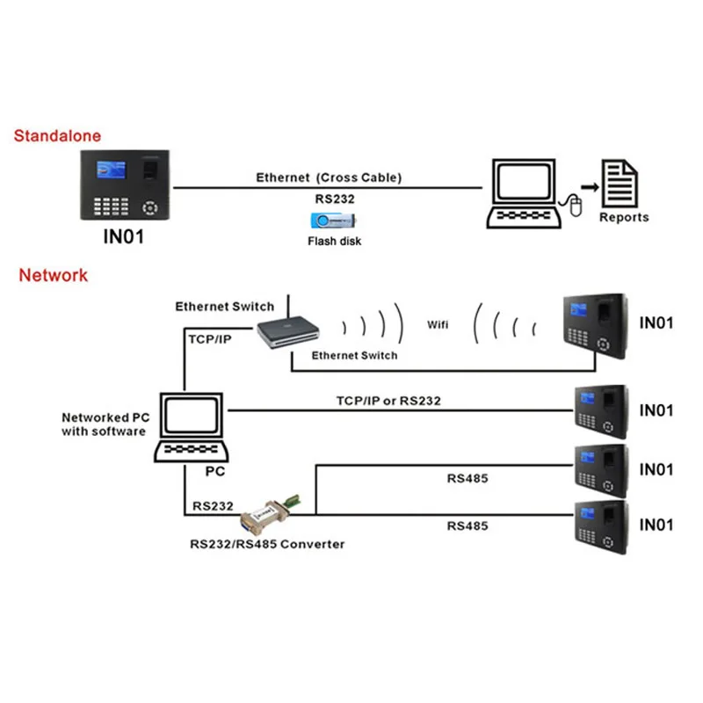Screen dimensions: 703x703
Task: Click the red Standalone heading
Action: (57, 136)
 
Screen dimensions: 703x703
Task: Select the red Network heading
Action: (54, 275)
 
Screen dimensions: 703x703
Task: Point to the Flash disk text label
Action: (334, 241)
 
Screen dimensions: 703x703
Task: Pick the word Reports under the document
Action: (624, 217)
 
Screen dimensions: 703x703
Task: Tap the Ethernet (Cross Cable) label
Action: (329, 178)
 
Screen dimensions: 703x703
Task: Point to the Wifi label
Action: (438, 324)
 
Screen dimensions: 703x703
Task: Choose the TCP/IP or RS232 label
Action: (388, 401)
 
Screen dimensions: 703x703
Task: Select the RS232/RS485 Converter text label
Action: (267, 544)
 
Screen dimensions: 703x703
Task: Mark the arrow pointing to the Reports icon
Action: (590, 187)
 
